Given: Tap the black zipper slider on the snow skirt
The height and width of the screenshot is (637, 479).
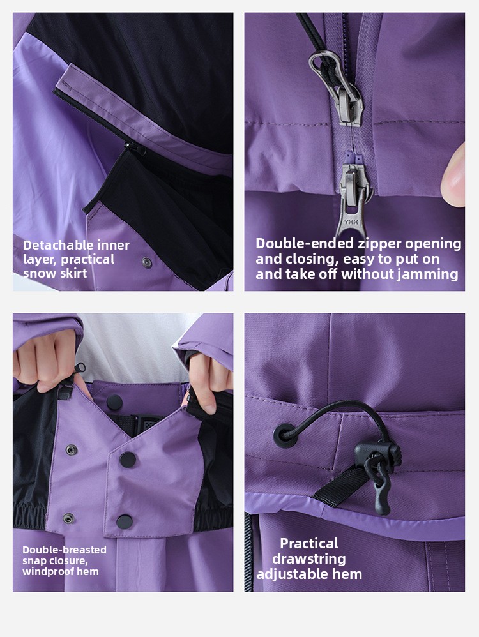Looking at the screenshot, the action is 136,148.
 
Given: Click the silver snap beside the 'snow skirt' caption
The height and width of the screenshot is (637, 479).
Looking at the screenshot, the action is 147,262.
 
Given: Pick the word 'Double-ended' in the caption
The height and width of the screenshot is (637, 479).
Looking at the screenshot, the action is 305,243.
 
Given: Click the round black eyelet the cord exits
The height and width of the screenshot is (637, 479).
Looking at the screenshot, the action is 284,435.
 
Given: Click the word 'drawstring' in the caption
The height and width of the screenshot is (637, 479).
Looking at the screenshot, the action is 309,559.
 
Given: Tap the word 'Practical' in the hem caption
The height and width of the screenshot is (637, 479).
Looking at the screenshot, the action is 309,543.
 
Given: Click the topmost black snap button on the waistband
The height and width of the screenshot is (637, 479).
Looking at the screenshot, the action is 115,402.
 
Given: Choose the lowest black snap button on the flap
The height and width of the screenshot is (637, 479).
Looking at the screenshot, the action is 125,521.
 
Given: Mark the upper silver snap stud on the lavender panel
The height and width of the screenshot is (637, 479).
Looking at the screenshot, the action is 72,450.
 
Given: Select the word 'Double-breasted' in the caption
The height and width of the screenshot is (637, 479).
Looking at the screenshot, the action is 65,550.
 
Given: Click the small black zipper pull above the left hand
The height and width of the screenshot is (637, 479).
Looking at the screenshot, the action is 80,368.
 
